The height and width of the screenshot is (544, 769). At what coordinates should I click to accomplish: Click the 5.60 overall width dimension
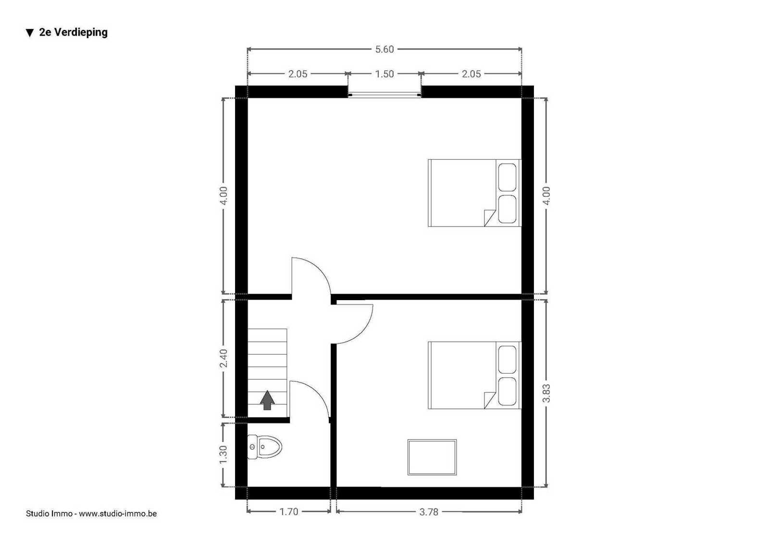pyautogui.click(x=384, y=50)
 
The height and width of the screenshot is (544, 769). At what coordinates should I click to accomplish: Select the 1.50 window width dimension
pyautogui.click(x=384, y=74)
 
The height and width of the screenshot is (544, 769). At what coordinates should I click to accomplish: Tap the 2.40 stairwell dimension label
pyautogui.click(x=223, y=358)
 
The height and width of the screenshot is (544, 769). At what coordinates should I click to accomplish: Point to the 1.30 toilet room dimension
pyautogui.click(x=223, y=454)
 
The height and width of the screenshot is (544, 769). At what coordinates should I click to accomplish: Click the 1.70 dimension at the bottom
pyautogui.click(x=289, y=512)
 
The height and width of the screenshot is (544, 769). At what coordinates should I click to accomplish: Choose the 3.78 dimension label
pyautogui.click(x=429, y=512)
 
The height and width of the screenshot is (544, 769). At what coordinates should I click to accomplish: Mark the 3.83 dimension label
pyautogui.click(x=546, y=393)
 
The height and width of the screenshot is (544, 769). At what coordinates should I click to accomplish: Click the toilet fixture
pyautogui.click(x=264, y=447)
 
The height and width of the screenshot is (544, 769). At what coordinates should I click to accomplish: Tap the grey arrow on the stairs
pyautogui.click(x=267, y=400)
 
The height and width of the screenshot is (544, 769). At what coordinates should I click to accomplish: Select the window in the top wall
pyautogui.click(x=384, y=95)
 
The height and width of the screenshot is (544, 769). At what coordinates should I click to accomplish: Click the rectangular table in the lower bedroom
pyautogui.click(x=432, y=457)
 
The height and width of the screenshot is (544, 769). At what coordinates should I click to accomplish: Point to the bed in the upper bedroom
pyautogui.click(x=474, y=193)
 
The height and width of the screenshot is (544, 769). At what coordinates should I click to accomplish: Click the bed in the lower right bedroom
pyautogui.click(x=474, y=375)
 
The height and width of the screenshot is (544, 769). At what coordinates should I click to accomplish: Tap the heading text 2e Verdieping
pyautogui.click(x=73, y=32)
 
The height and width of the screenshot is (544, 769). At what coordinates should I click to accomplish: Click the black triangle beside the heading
pyautogui.click(x=30, y=33)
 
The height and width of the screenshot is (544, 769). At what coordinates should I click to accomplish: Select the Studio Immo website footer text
pyautogui.click(x=91, y=513)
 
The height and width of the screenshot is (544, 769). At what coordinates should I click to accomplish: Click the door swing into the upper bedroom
pyautogui.click(x=320, y=269)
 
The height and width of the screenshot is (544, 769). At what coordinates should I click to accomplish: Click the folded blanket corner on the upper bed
pyautogui.click(x=489, y=218)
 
